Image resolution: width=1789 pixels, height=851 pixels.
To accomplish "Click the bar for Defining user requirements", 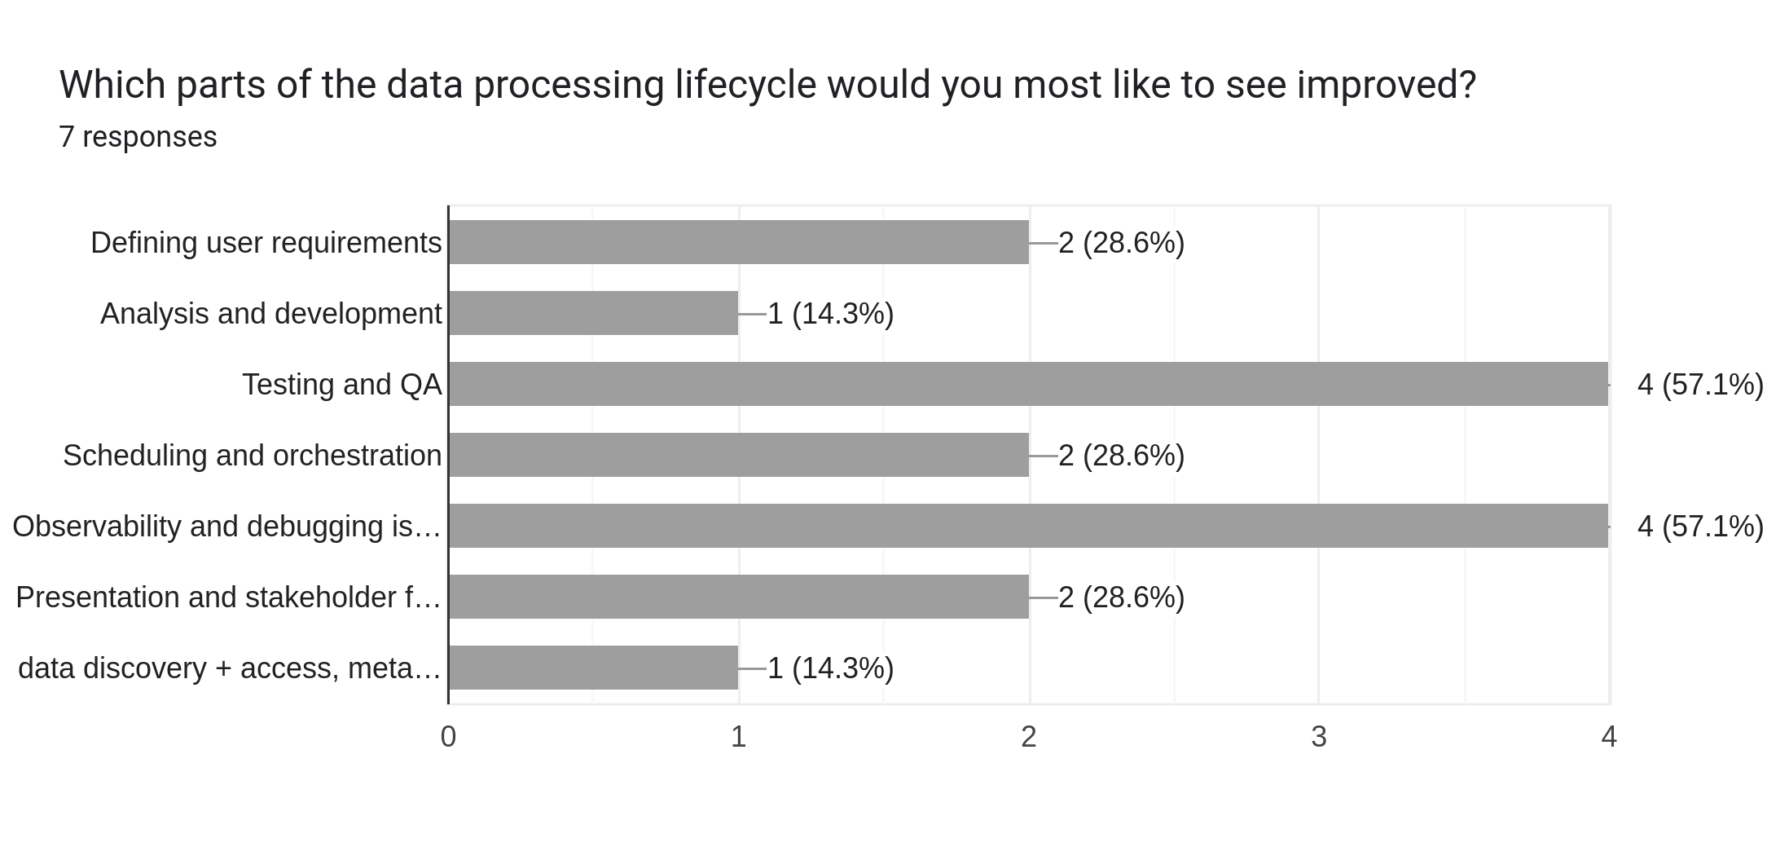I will (x=738, y=242).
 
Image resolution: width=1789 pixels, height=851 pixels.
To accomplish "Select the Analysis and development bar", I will (x=593, y=313).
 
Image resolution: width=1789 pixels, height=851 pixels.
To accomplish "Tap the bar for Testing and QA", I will (x=1028, y=384).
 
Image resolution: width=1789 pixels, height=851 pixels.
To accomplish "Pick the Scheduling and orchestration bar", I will (x=738, y=455).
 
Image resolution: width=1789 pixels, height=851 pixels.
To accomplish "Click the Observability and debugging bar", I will (x=1028, y=526).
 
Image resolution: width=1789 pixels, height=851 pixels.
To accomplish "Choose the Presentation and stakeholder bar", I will (x=738, y=597).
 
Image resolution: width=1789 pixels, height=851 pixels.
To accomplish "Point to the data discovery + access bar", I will (x=593, y=668).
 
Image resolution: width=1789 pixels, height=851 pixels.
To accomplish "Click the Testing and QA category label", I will (x=341, y=385).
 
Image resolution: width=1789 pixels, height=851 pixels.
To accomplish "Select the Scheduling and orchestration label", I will (x=252, y=456).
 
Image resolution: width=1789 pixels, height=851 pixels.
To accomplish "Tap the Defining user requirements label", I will (x=266, y=243).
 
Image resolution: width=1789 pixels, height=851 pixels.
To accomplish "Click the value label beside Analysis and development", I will (x=830, y=314).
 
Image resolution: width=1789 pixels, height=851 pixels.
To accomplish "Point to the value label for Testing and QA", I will (x=1699, y=385).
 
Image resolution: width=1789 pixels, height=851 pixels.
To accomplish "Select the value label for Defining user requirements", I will (x=1121, y=243).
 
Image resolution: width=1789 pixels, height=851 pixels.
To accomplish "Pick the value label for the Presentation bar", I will (x=1121, y=597).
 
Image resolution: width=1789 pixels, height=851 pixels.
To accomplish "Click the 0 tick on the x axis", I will (x=448, y=737).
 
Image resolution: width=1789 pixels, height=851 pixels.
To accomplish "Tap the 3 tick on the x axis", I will (x=1318, y=737).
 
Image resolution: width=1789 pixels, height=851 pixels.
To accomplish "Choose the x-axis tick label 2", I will (x=1028, y=737).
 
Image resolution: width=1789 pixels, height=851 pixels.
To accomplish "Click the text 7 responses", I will (x=138, y=137).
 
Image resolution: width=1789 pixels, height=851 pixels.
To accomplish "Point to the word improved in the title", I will (x=1385, y=85).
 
